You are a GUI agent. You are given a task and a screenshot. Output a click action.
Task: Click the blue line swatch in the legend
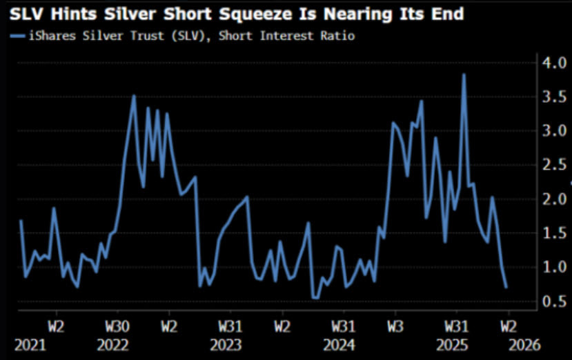(16, 35)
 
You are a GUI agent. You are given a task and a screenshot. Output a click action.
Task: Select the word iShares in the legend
(48, 35)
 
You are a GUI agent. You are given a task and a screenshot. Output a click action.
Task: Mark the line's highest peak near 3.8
(464, 74)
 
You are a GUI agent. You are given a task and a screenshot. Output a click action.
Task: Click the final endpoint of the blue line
(507, 287)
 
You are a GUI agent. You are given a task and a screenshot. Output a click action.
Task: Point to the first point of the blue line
(21, 221)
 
